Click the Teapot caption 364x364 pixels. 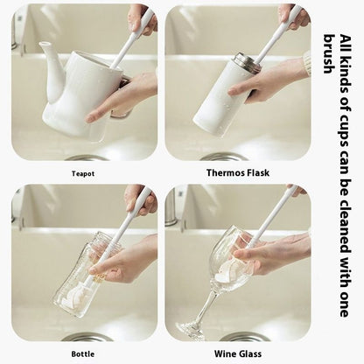tap(84, 174)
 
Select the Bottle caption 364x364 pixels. tap(84, 353)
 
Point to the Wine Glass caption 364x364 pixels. tap(237, 353)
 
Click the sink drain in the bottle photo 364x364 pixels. tap(87, 337)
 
